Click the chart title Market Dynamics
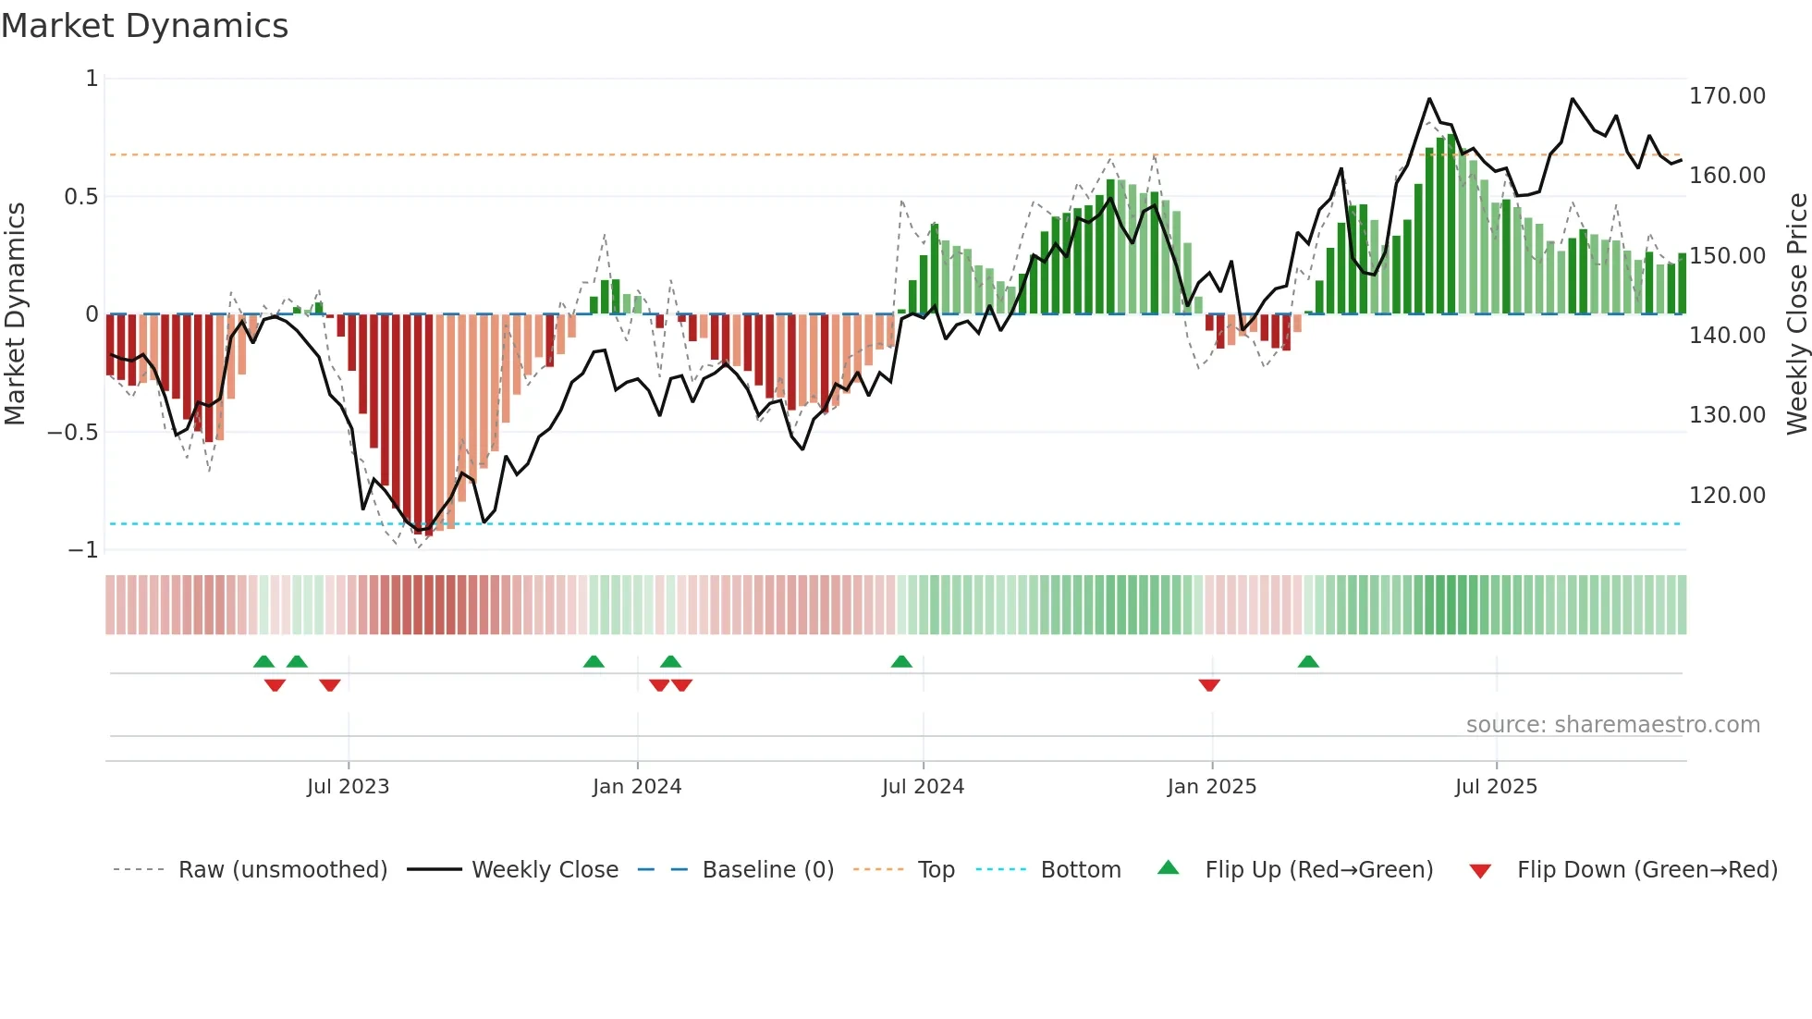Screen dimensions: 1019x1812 [x=145, y=26]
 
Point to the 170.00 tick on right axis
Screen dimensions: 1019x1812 [x=1726, y=96]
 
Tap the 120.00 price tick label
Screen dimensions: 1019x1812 [x=1726, y=496]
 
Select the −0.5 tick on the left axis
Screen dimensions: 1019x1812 [x=73, y=433]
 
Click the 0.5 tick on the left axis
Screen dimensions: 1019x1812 [x=80, y=197]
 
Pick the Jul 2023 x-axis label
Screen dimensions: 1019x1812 [x=348, y=787]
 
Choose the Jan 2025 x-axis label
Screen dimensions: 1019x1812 [x=1211, y=787]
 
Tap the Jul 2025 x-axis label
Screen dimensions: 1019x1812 [x=1495, y=787]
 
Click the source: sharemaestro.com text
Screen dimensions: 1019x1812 [x=1612, y=725]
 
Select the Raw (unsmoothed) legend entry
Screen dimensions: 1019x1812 [x=282, y=870]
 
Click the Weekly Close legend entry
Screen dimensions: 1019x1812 [x=545, y=870]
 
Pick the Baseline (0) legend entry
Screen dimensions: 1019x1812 [x=767, y=870]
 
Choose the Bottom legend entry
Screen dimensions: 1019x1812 [x=1080, y=870]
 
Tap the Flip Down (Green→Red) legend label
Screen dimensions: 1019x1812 [x=1647, y=870]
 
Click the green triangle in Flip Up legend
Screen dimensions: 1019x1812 [x=1169, y=867]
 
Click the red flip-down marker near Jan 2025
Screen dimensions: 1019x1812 [x=1209, y=685]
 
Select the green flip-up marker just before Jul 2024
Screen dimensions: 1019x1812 [x=901, y=661]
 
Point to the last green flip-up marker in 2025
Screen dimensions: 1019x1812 [x=1308, y=661]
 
